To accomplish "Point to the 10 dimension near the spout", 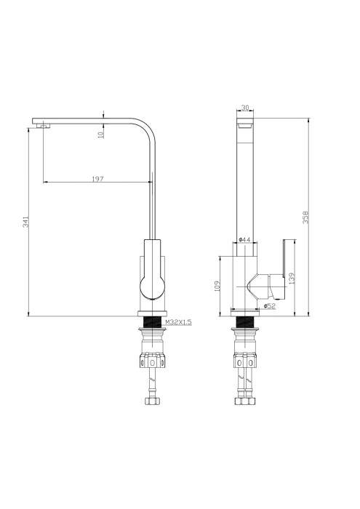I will click(101, 132).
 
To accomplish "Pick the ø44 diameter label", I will click(245, 239).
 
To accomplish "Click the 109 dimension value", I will click(217, 286).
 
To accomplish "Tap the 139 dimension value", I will click(292, 278).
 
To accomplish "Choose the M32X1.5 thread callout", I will click(177, 321).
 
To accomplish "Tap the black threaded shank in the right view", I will click(245, 321).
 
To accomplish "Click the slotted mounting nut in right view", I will click(245, 361).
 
